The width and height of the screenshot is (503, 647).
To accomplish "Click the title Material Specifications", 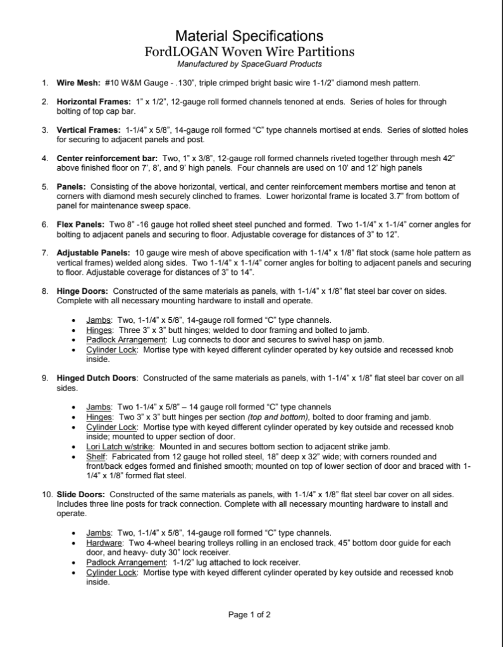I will click(x=249, y=35).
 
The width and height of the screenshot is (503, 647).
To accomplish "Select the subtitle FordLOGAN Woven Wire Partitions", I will click(x=249, y=51).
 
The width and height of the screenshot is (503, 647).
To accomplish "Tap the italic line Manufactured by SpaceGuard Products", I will click(x=249, y=64).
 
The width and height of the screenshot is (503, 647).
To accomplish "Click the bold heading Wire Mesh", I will click(x=78, y=83).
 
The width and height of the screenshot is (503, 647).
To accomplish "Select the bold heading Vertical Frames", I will click(x=88, y=130).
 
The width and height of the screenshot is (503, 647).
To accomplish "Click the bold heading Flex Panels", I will click(x=82, y=224).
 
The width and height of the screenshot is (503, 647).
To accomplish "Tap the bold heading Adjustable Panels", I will click(x=94, y=253).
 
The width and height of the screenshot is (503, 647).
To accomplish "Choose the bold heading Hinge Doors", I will click(x=82, y=291).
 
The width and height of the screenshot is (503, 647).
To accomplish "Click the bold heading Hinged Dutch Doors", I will click(x=96, y=378).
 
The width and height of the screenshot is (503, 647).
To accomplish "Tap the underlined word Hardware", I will click(x=104, y=543).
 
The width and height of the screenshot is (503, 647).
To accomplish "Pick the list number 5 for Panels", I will click(x=45, y=187).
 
